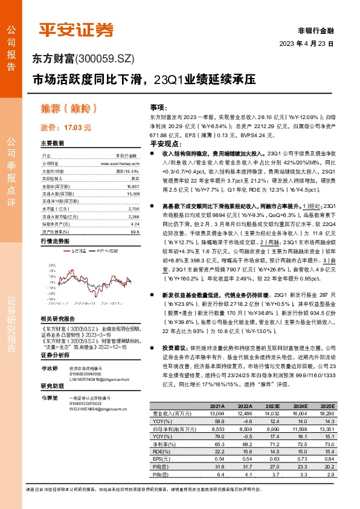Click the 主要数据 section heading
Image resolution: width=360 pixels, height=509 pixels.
click(x=52, y=143)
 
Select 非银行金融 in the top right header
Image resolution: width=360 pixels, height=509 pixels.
click(x=315, y=30)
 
